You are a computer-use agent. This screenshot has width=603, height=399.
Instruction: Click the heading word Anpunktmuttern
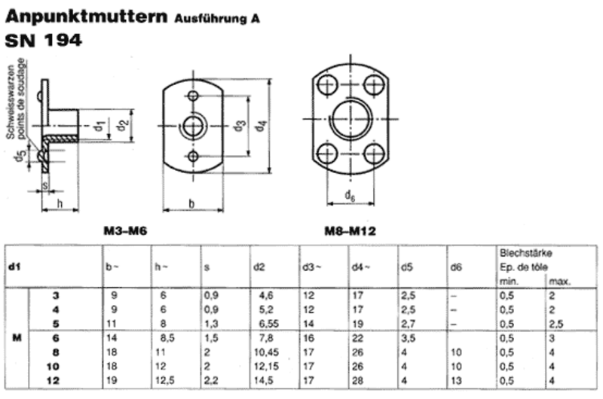click(x=86, y=17)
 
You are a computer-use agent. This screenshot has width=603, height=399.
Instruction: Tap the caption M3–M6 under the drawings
click(x=125, y=231)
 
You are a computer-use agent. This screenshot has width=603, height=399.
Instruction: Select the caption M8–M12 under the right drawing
click(x=350, y=231)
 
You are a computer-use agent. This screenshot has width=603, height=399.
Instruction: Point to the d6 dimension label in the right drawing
click(x=350, y=196)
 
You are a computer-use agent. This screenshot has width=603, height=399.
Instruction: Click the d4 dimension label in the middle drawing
click(x=262, y=126)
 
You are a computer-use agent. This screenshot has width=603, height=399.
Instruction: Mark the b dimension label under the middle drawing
click(x=192, y=203)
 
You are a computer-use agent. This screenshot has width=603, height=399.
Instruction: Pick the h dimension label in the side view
click(x=60, y=203)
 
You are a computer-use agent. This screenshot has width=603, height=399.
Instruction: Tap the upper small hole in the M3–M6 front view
click(x=193, y=96)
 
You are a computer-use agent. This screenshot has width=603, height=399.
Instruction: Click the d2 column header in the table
click(x=259, y=267)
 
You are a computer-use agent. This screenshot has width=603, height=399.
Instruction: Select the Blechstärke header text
click(x=525, y=253)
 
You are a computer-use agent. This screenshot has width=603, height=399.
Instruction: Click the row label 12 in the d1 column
click(x=53, y=381)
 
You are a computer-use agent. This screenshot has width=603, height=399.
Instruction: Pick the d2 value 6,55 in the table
click(x=268, y=324)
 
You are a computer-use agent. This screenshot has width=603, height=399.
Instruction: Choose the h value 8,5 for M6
click(x=167, y=338)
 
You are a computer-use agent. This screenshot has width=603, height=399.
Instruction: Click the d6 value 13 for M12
click(x=457, y=381)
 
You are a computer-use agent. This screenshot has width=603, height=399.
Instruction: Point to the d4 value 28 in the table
click(x=357, y=381)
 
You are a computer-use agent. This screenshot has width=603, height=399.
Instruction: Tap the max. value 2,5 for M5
click(x=556, y=324)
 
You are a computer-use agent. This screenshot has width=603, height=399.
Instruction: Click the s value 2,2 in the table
click(x=211, y=381)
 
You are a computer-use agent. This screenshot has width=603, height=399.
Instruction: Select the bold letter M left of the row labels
click(x=17, y=338)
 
